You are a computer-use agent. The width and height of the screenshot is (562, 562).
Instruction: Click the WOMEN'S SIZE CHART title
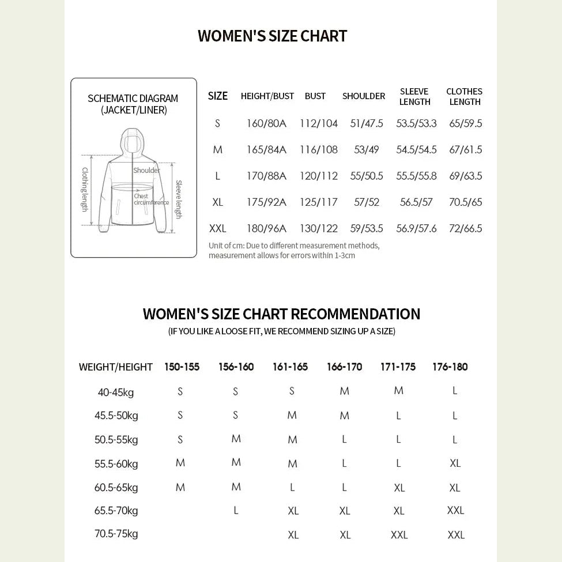(x=272, y=36)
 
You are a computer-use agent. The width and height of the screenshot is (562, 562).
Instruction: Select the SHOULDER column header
(x=363, y=96)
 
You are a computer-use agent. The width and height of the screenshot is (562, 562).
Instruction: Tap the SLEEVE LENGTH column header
(x=414, y=97)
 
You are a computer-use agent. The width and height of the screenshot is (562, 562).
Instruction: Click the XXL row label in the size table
(x=217, y=228)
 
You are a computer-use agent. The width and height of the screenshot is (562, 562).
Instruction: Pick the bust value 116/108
(x=318, y=150)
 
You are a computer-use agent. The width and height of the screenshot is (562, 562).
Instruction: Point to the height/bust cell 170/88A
(x=266, y=176)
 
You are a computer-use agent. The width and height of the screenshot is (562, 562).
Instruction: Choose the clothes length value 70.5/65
(x=465, y=202)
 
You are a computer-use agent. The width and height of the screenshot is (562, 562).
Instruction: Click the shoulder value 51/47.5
(x=366, y=123)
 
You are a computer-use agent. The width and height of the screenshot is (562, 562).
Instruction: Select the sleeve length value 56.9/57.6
(x=416, y=228)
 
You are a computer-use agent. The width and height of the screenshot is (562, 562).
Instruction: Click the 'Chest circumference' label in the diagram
(x=150, y=199)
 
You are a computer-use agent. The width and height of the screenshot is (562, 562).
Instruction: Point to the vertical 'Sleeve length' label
(x=179, y=199)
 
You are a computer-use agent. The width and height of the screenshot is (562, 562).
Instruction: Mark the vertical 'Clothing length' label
(x=85, y=189)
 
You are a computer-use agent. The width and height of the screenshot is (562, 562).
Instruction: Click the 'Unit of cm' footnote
(x=293, y=250)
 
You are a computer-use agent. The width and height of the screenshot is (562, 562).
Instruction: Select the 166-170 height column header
(x=344, y=367)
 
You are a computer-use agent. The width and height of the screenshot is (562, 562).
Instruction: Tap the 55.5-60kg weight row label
(x=116, y=463)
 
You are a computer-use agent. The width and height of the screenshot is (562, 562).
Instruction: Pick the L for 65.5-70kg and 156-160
(x=236, y=510)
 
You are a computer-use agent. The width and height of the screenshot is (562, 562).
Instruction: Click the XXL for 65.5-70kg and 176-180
(x=455, y=510)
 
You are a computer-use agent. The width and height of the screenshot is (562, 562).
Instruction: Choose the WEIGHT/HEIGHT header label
(x=115, y=367)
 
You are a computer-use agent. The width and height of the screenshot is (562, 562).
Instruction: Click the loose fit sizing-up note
(x=281, y=331)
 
